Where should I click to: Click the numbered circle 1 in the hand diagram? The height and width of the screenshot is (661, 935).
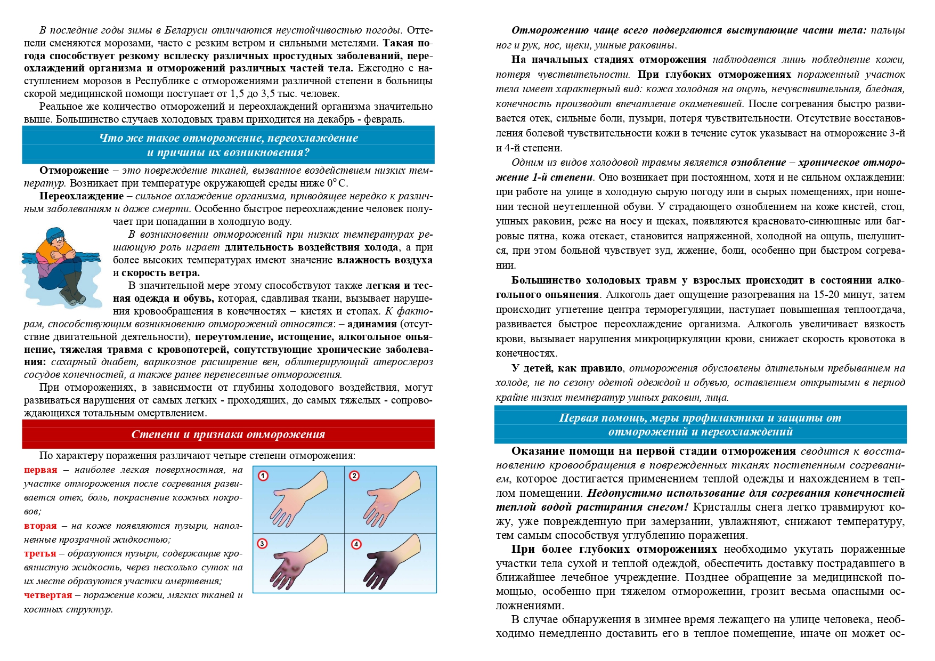pos(263,475)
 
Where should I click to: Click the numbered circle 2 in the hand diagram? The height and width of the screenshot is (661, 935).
pos(354,475)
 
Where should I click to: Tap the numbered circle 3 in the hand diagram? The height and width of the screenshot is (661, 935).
pos(262,544)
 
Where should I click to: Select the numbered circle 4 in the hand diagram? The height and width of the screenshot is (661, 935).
pos(356,544)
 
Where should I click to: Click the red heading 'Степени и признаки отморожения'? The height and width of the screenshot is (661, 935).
pos(228,434)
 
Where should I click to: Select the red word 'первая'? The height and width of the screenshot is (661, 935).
pos(40,470)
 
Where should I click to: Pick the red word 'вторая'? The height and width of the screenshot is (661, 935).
pos(40,526)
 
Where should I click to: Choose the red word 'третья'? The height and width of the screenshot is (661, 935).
pos(40,553)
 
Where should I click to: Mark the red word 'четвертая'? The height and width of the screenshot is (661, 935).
pos(48,595)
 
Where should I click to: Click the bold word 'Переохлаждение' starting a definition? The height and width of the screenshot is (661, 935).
pos(82,196)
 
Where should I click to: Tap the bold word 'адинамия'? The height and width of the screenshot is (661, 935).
pos(372,324)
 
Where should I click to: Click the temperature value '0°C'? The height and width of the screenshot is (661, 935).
pos(337,183)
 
